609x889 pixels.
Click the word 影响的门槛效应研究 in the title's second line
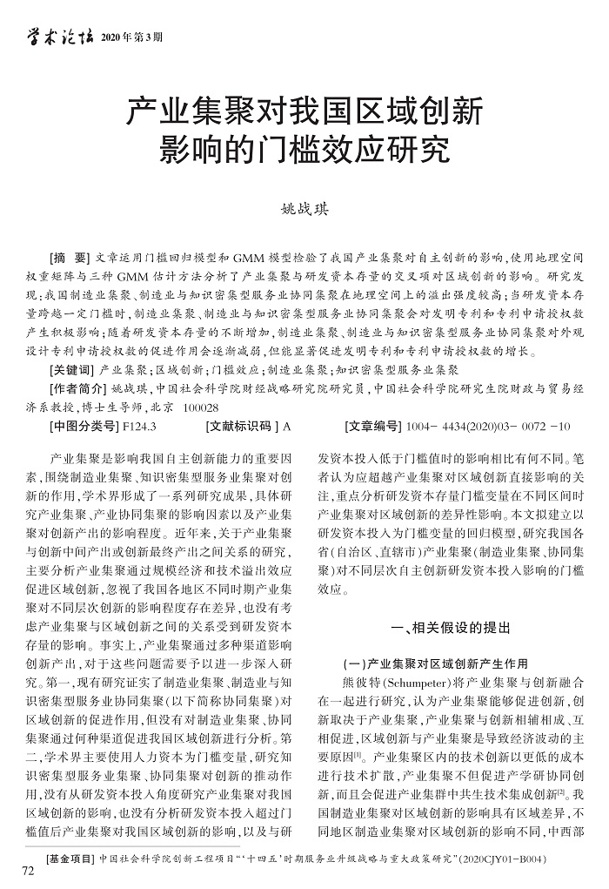(x=304, y=149)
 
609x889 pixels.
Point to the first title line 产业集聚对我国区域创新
(x=304, y=112)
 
